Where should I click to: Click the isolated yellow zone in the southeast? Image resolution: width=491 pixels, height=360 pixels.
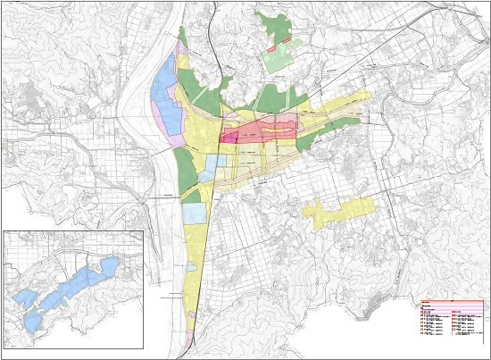[335, 213]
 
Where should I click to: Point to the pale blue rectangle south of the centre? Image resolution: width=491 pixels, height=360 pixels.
[194, 213]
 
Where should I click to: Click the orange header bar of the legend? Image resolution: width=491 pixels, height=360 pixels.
[453, 302]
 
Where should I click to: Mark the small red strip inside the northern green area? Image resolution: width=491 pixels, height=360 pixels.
[280, 42]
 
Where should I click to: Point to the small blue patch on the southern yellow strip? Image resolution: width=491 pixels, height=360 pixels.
[194, 266]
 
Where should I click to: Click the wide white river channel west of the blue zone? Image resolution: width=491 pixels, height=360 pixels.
[143, 98]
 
